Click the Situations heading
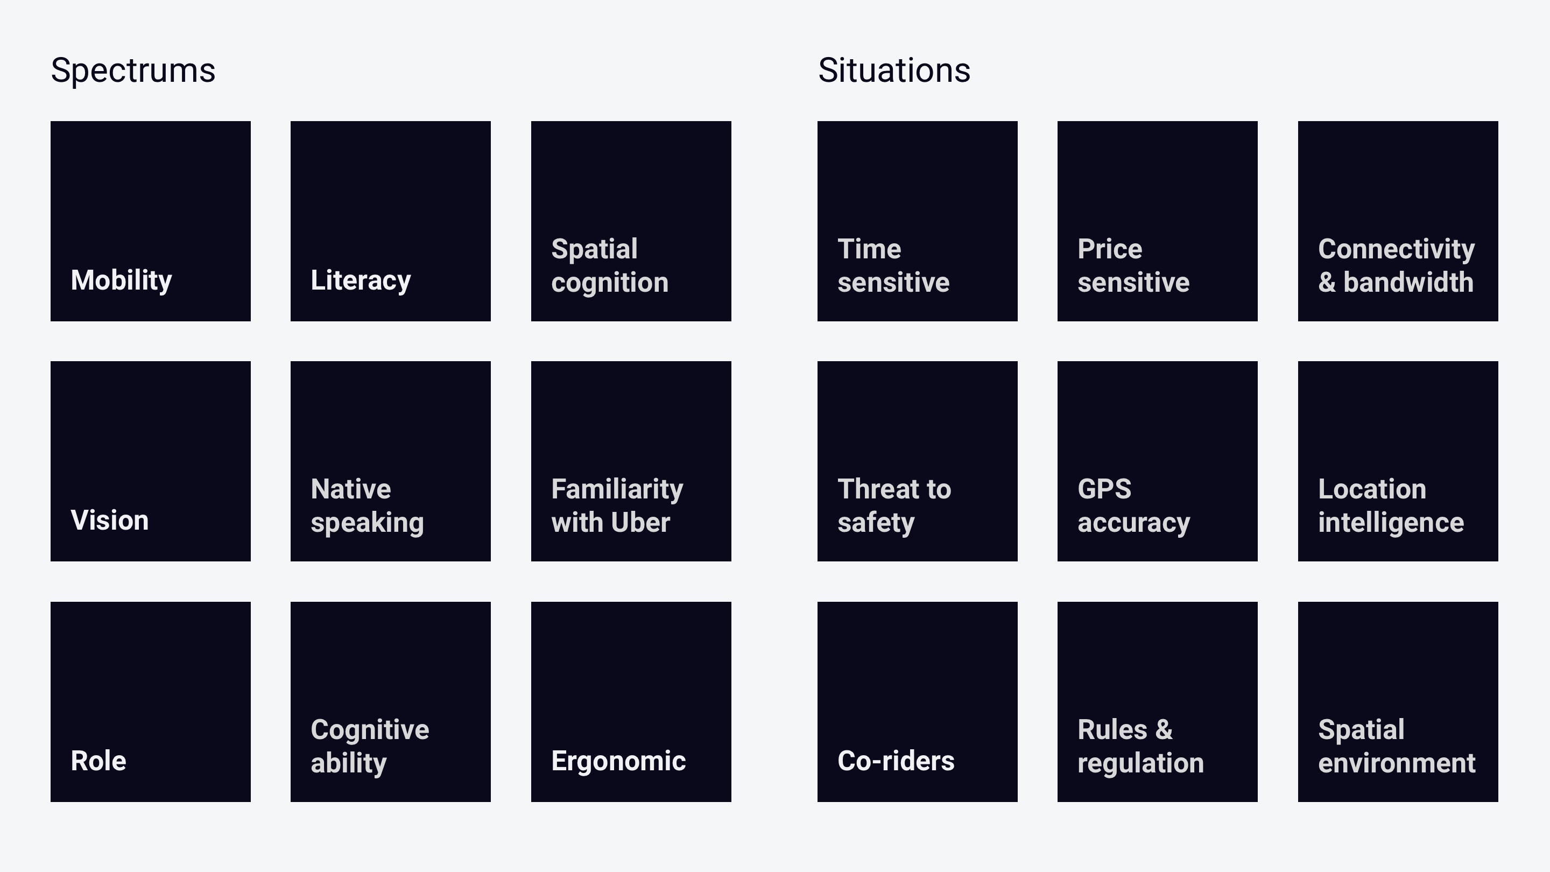[x=894, y=71]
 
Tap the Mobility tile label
[x=122, y=280]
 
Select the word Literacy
[x=361, y=280]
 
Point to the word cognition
[x=610, y=283]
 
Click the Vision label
[x=109, y=520]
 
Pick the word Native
[x=351, y=489]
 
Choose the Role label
[x=98, y=761]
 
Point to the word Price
[x=1110, y=249]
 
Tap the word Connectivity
[x=1397, y=250]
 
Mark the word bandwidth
[x=1408, y=282]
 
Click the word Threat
[x=876, y=489]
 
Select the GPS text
[x=1105, y=489]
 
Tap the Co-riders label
[x=896, y=761]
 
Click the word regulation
[x=1141, y=764]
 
